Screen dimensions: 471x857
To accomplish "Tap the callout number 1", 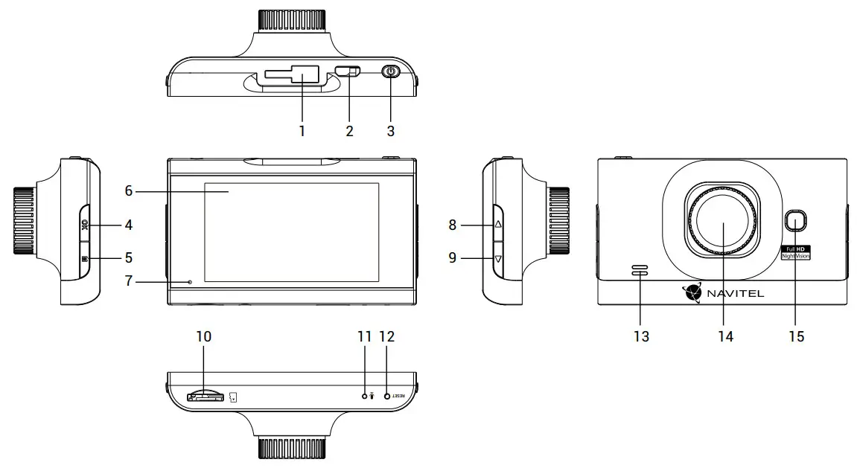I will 302,131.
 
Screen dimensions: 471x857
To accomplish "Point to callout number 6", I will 129,190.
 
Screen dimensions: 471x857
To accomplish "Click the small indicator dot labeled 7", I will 190,282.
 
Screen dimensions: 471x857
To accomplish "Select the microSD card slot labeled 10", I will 205,397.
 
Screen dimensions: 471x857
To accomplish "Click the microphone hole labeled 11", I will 364,397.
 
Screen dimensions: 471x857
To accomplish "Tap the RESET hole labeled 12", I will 387,397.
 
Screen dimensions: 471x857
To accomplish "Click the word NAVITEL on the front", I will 734,293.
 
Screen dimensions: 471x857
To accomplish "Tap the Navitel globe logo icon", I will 692,292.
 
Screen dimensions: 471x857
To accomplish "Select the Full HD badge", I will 795,248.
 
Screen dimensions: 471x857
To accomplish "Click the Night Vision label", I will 795,255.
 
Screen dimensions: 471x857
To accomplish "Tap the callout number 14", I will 725,337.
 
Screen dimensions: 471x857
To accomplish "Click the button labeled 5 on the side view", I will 84,258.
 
